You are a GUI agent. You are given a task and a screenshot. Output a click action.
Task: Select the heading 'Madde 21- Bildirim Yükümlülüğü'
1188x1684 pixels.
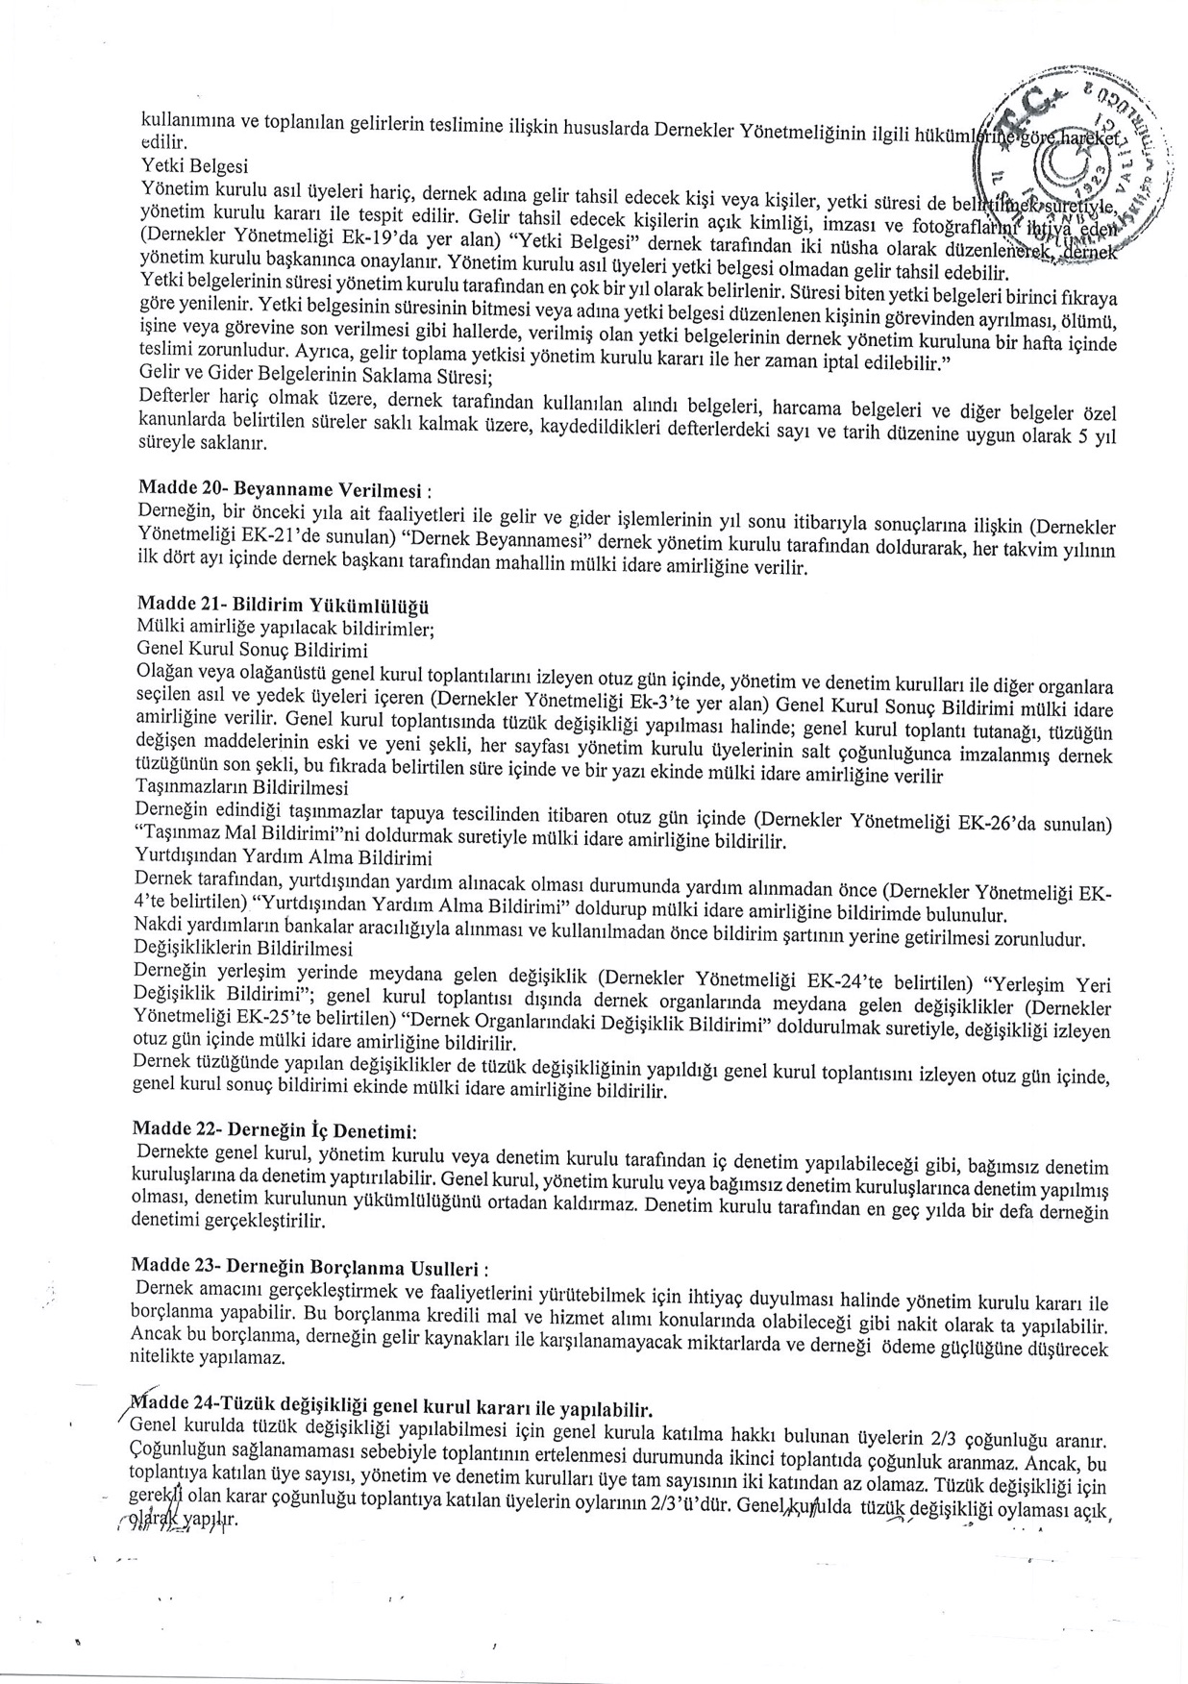pos(284,606)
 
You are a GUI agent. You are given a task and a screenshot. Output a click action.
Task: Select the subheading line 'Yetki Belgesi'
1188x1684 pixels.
pos(181,165)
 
